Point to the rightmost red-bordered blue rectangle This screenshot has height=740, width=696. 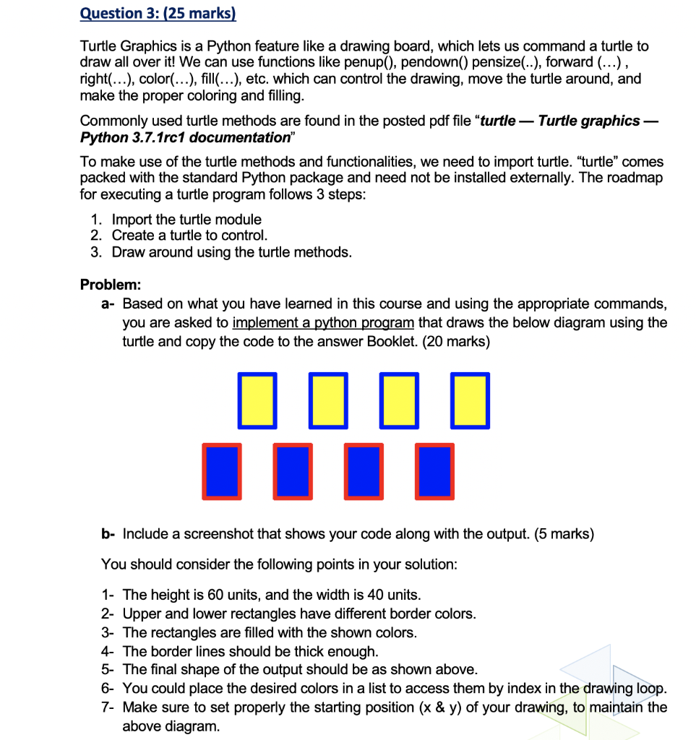[x=435, y=471]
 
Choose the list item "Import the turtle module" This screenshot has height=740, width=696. [x=186, y=219]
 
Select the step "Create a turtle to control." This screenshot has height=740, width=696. [x=189, y=236]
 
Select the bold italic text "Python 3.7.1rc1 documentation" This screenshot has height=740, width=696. [x=184, y=137]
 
